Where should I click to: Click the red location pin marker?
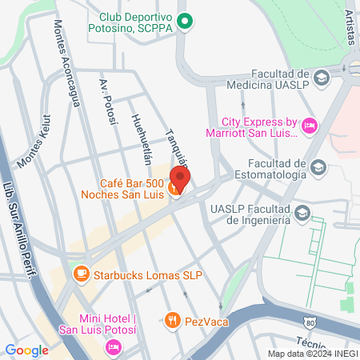pos(181,179)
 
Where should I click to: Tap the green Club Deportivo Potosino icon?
pos(186,22)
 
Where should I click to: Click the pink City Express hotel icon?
pos(309,125)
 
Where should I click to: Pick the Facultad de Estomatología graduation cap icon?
pos(318,167)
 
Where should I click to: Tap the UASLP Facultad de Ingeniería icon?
pos(302,213)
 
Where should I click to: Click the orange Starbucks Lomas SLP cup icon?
pos(80,274)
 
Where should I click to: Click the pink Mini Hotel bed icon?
pos(113,346)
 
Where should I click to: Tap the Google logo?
pos(26,350)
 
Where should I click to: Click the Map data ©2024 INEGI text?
pos(313,354)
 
